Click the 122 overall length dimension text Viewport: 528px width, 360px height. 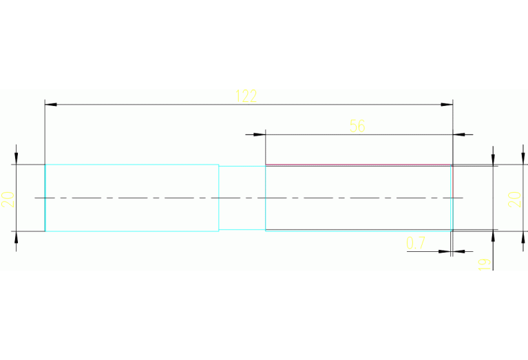click(246, 96)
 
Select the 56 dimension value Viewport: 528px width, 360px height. click(357, 125)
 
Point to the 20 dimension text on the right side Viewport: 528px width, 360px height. click(514, 199)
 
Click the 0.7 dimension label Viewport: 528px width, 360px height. click(416, 242)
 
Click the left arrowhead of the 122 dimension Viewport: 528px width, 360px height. click(50, 105)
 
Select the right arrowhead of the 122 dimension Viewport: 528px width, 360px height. click(447, 105)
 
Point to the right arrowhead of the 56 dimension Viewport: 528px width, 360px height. click(459, 134)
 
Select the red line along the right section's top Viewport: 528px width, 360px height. click(358, 165)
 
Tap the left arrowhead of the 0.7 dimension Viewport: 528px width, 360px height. click(445, 251)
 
